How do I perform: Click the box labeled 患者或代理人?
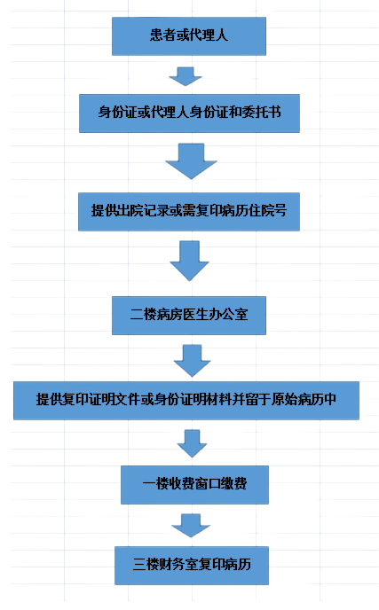coord(189,36)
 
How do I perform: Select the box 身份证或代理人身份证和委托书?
coord(189,113)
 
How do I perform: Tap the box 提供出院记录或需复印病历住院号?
coord(189,212)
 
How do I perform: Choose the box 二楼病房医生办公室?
coord(189,316)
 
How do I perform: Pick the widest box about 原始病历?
coord(186,401)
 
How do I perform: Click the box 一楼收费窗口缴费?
coord(194,485)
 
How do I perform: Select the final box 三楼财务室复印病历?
coord(192,566)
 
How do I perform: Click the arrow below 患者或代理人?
coord(186,76)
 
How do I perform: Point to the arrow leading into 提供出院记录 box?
coord(191,161)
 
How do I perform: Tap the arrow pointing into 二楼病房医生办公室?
coord(189,261)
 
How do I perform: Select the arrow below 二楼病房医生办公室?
coord(192,361)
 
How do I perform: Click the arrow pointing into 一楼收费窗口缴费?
coord(192,443)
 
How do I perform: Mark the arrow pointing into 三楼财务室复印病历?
coord(191,526)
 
